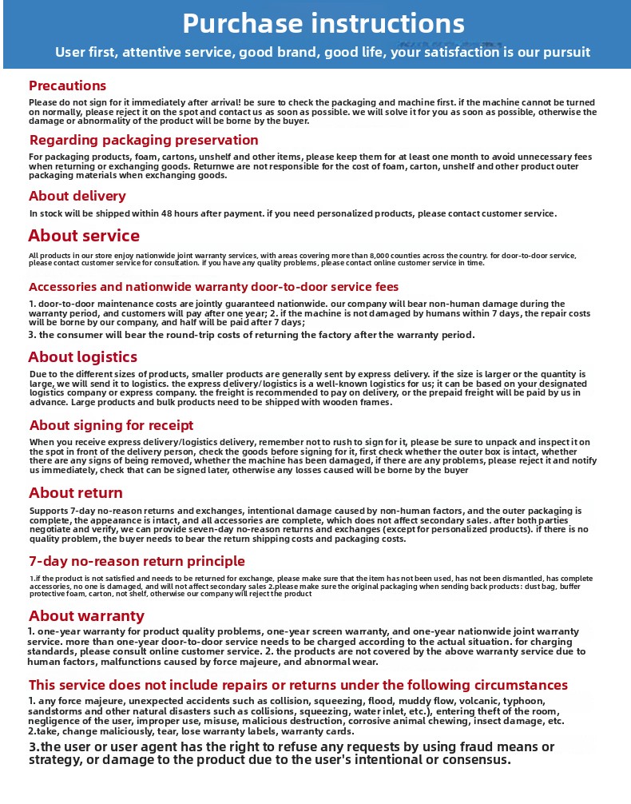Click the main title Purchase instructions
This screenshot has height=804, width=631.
click(x=323, y=23)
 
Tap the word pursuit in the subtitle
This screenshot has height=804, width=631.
click(x=566, y=53)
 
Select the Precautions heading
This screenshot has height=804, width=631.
click(x=67, y=86)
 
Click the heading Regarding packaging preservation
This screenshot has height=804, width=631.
click(x=144, y=141)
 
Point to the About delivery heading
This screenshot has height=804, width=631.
click(x=77, y=196)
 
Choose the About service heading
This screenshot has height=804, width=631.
click(x=84, y=236)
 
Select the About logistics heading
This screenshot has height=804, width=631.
click(x=83, y=356)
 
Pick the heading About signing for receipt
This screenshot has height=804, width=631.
click(x=111, y=425)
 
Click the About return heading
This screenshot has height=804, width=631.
click(x=76, y=492)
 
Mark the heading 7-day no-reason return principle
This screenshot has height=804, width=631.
click(x=137, y=561)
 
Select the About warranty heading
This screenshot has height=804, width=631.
click(x=86, y=615)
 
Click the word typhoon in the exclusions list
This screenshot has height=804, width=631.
click(x=524, y=701)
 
